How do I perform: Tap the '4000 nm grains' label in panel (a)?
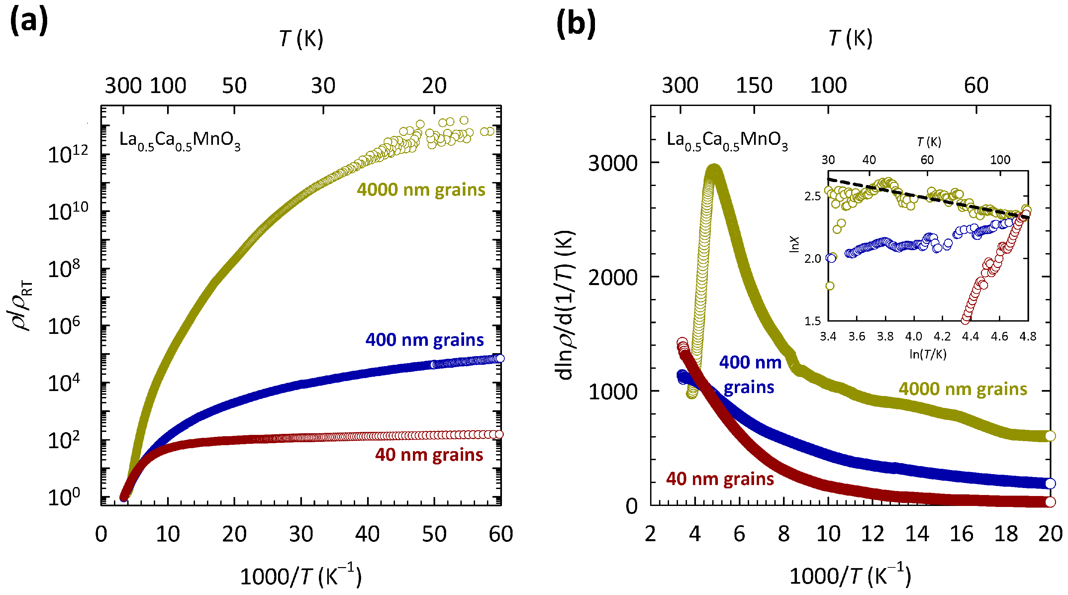421,190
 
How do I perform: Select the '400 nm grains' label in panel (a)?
424,340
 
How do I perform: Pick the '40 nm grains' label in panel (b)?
720,479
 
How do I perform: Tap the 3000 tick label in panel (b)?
612,163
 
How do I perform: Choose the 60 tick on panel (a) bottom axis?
500,534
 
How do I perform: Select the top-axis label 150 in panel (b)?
754,86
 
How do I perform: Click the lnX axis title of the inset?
794,245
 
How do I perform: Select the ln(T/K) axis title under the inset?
928,354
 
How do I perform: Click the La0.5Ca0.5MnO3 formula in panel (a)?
179,141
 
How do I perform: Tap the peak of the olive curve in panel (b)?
714,170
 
